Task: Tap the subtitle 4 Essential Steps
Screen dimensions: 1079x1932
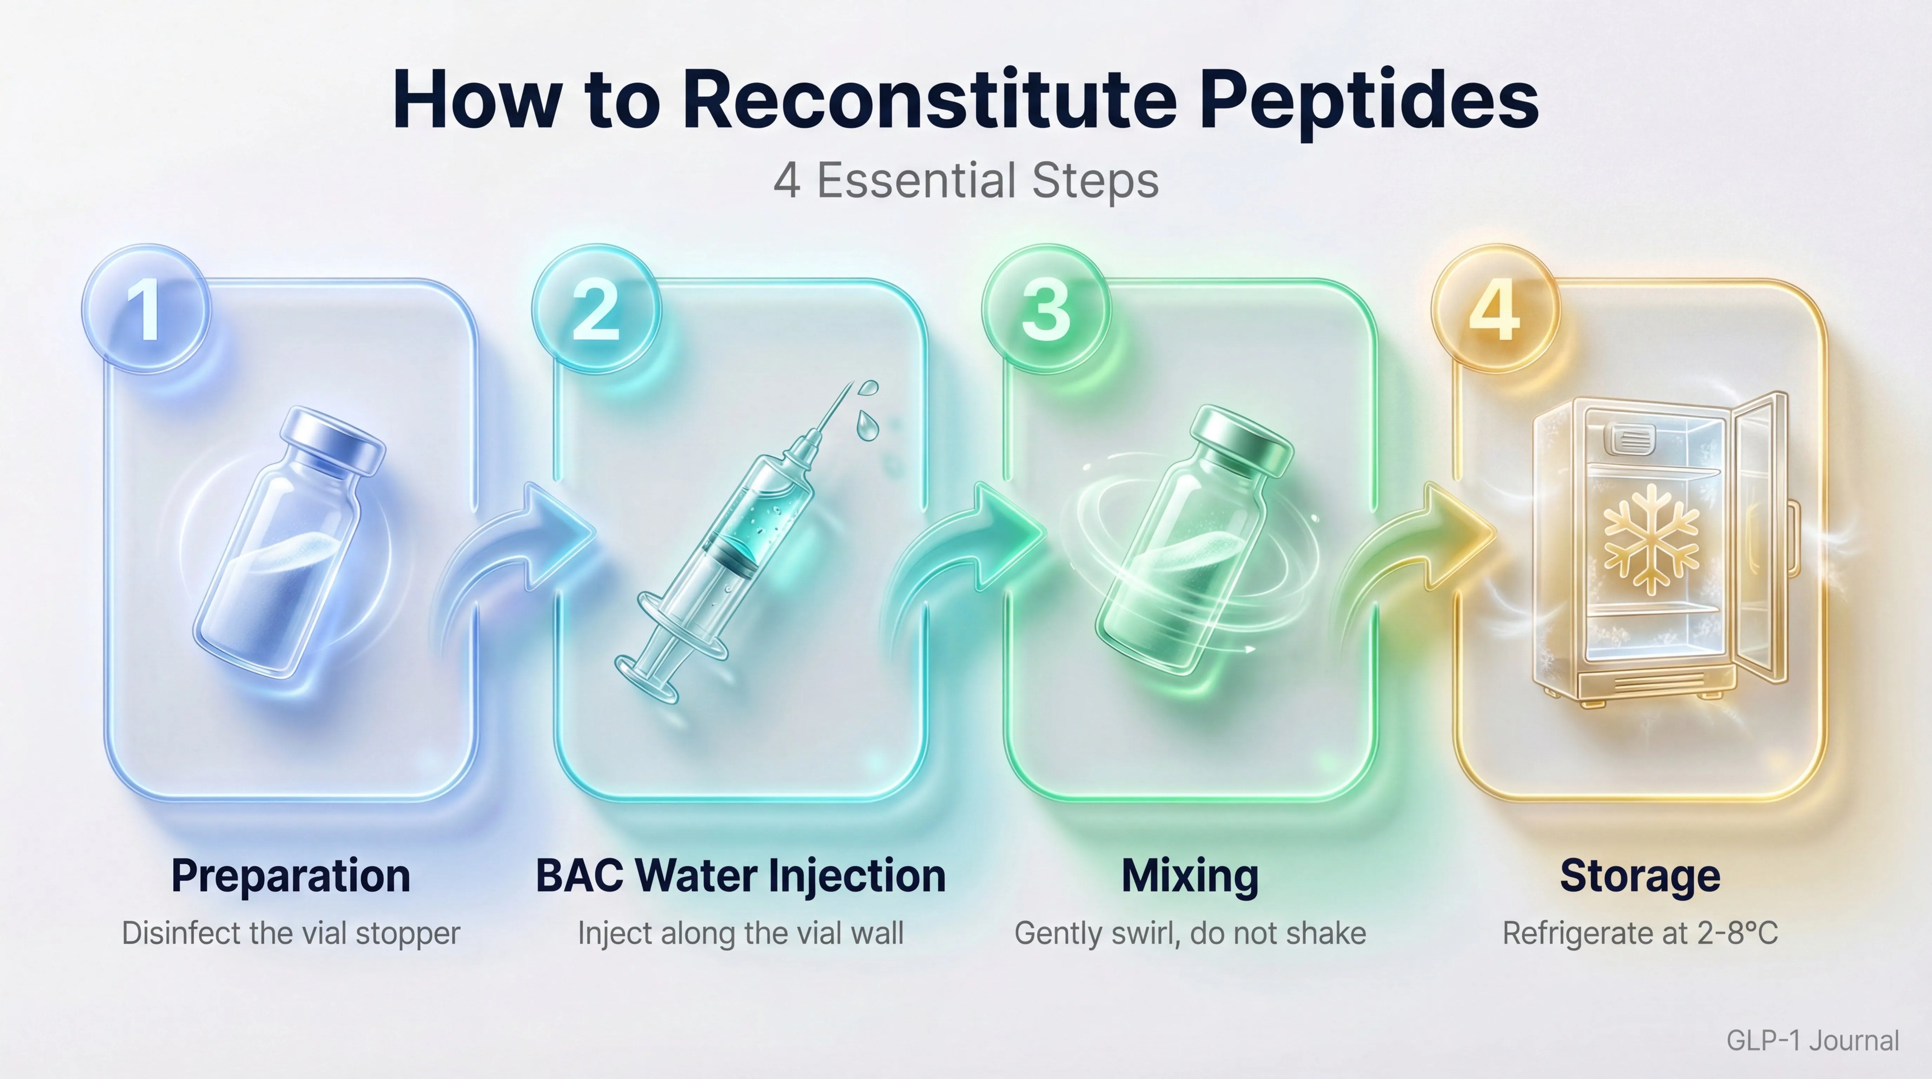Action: pyautogui.click(x=966, y=181)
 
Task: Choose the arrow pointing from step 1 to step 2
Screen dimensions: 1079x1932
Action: pyautogui.click(x=525, y=548)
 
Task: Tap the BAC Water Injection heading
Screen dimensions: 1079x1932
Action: pyautogui.click(x=740, y=876)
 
